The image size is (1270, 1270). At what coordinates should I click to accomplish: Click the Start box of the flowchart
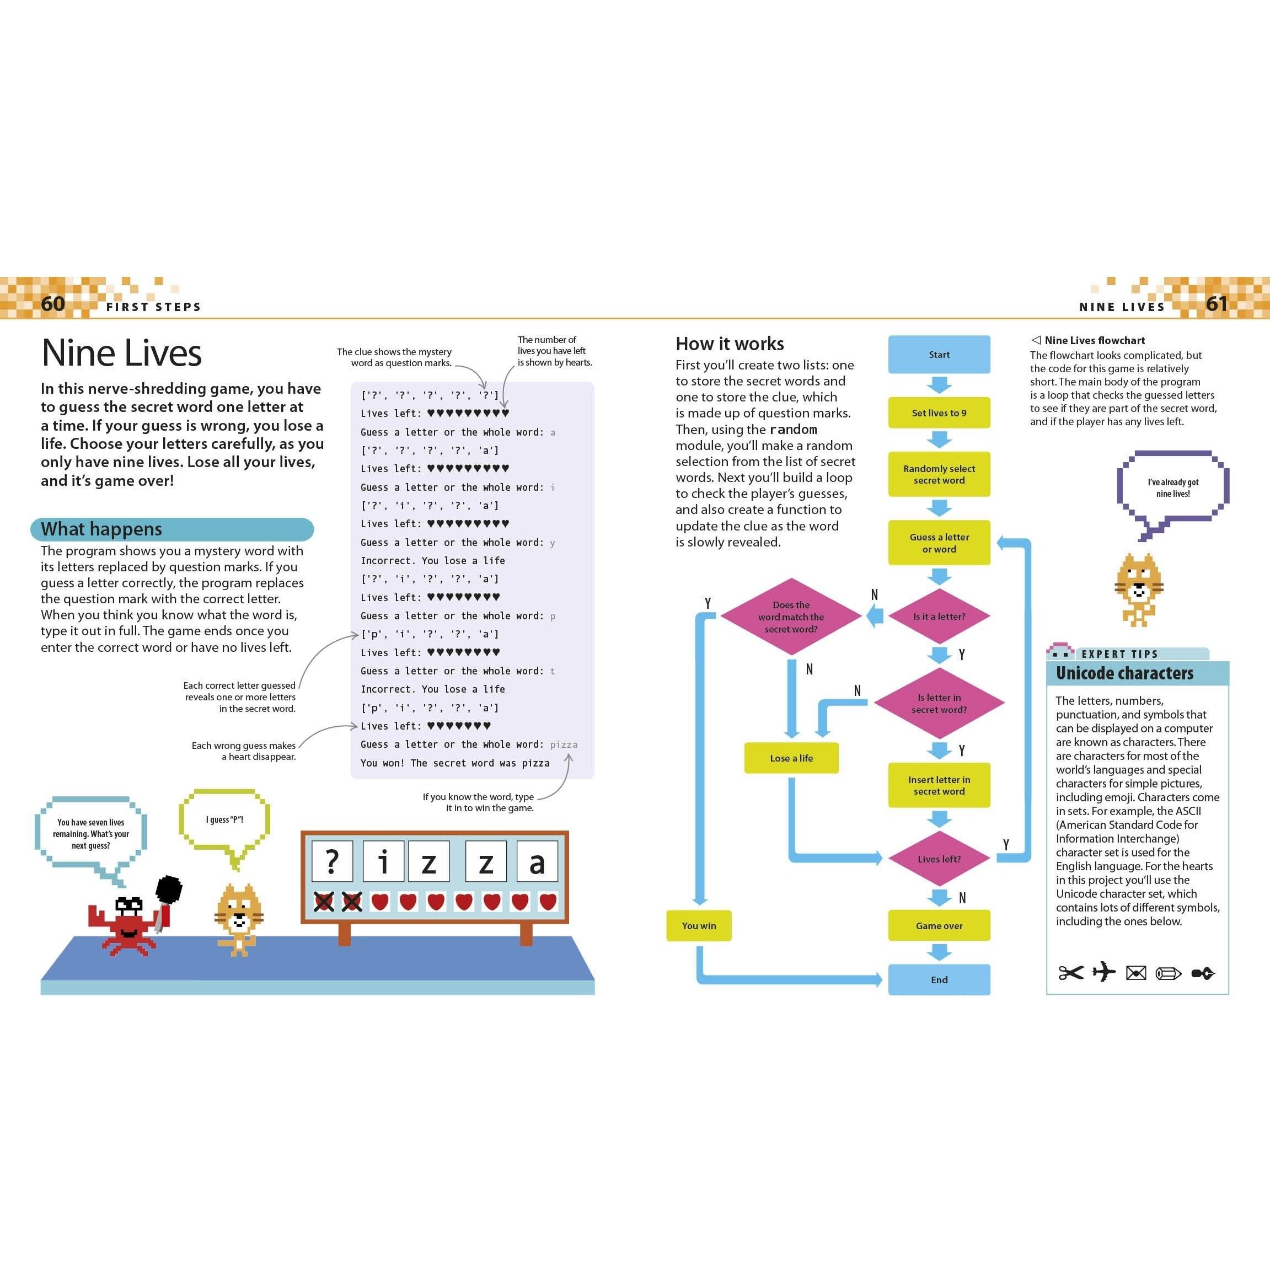[x=939, y=355]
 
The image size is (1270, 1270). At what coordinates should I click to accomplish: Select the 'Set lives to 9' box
[x=939, y=413]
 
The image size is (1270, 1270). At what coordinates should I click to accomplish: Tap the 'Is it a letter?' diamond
[x=939, y=617]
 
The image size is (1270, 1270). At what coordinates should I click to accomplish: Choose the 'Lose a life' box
[x=791, y=758]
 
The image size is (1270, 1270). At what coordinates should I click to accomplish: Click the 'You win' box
[x=698, y=925]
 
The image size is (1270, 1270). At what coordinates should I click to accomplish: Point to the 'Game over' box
[x=939, y=925]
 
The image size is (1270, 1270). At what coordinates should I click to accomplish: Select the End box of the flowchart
[x=939, y=979]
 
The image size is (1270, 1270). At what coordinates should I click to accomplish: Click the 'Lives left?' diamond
[x=939, y=859]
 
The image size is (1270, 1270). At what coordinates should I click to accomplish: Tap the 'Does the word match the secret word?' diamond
[x=791, y=617]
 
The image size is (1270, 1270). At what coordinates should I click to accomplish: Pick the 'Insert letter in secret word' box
[x=939, y=785]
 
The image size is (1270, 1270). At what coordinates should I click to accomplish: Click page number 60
[x=52, y=303]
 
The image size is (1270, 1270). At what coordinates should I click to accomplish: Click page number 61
[x=1216, y=303]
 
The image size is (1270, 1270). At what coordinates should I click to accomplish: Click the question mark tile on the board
[x=332, y=861]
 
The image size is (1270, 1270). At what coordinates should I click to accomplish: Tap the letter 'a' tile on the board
[x=537, y=861]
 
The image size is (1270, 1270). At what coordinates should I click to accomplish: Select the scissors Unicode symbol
[x=1070, y=973]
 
